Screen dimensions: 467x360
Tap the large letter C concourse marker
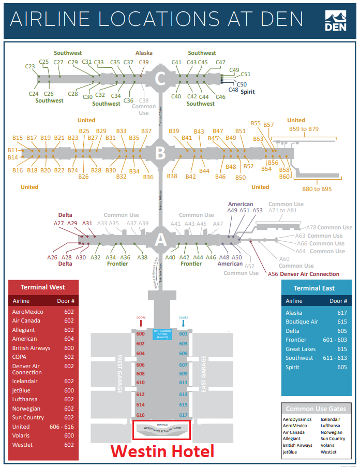tap(160, 79)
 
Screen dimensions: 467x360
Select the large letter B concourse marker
tap(160, 153)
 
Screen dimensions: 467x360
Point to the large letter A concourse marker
tap(160, 239)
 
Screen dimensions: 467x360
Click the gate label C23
tap(30, 66)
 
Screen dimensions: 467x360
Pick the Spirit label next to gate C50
tap(247, 92)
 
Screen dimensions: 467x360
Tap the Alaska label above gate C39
tap(144, 53)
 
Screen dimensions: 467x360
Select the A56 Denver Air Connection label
tap(304, 274)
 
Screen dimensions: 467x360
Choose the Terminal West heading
tap(42, 287)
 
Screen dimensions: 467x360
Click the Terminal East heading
tap(314, 288)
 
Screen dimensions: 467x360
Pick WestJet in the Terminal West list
tap(23, 445)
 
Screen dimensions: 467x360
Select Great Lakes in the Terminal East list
tap(301, 349)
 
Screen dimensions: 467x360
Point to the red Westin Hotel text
tap(162, 451)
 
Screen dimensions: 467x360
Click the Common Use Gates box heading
tap(316, 409)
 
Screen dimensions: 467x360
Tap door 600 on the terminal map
tap(140, 334)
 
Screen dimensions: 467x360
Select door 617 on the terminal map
tap(183, 415)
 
